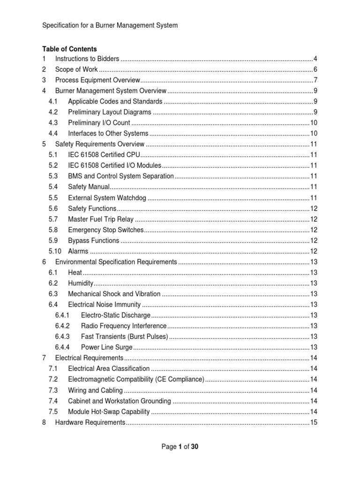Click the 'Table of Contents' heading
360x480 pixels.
click(x=69, y=49)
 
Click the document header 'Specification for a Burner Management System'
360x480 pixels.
click(x=110, y=25)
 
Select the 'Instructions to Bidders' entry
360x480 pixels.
click(x=87, y=59)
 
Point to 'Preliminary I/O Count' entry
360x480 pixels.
click(x=99, y=123)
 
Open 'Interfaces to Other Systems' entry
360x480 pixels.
click(x=108, y=134)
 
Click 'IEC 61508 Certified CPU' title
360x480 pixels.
click(x=104, y=155)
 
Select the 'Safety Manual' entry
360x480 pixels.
click(x=89, y=187)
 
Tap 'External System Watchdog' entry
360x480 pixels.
click(x=107, y=198)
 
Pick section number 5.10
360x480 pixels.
click(x=55, y=251)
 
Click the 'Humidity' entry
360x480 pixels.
click(x=81, y=283)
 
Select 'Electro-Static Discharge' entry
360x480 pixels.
click(x=116, y=315)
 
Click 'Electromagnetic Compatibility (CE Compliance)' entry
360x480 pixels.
click(x=136, y=379)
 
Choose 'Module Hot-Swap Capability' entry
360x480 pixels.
click(x=109, y=412)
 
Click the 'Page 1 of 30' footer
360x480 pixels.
click(x=180, y=447)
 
